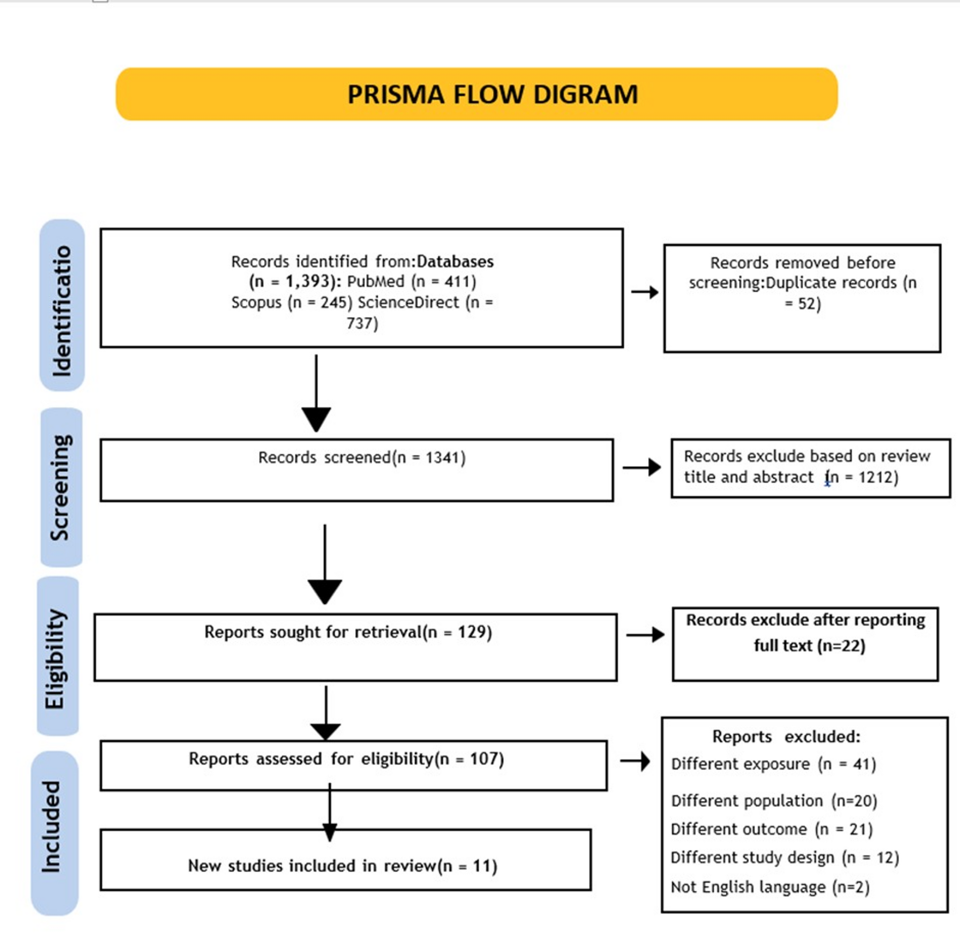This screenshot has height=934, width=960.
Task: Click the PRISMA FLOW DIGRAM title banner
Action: (477, 94)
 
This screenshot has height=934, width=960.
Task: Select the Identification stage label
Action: (62, 305)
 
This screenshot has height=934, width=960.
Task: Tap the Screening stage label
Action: (61, 487)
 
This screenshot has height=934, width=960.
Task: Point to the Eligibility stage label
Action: (57, 656)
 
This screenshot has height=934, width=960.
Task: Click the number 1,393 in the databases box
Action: (307, 281)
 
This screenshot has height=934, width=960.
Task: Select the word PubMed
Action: (376, 281)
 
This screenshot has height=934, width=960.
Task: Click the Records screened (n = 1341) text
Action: (362, 458)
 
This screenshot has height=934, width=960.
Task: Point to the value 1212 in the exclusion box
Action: (876, 477)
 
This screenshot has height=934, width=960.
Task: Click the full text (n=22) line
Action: (810, 645)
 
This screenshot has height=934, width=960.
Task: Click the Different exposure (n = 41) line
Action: (774, 764)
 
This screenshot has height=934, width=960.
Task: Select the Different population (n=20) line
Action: (774, 801)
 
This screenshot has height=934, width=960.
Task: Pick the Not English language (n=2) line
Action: (770, 887)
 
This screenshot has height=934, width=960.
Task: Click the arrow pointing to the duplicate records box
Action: (644, 292)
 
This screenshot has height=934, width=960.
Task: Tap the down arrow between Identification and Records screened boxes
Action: (316, 393)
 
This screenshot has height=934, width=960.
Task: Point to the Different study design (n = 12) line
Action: (785, 858)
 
